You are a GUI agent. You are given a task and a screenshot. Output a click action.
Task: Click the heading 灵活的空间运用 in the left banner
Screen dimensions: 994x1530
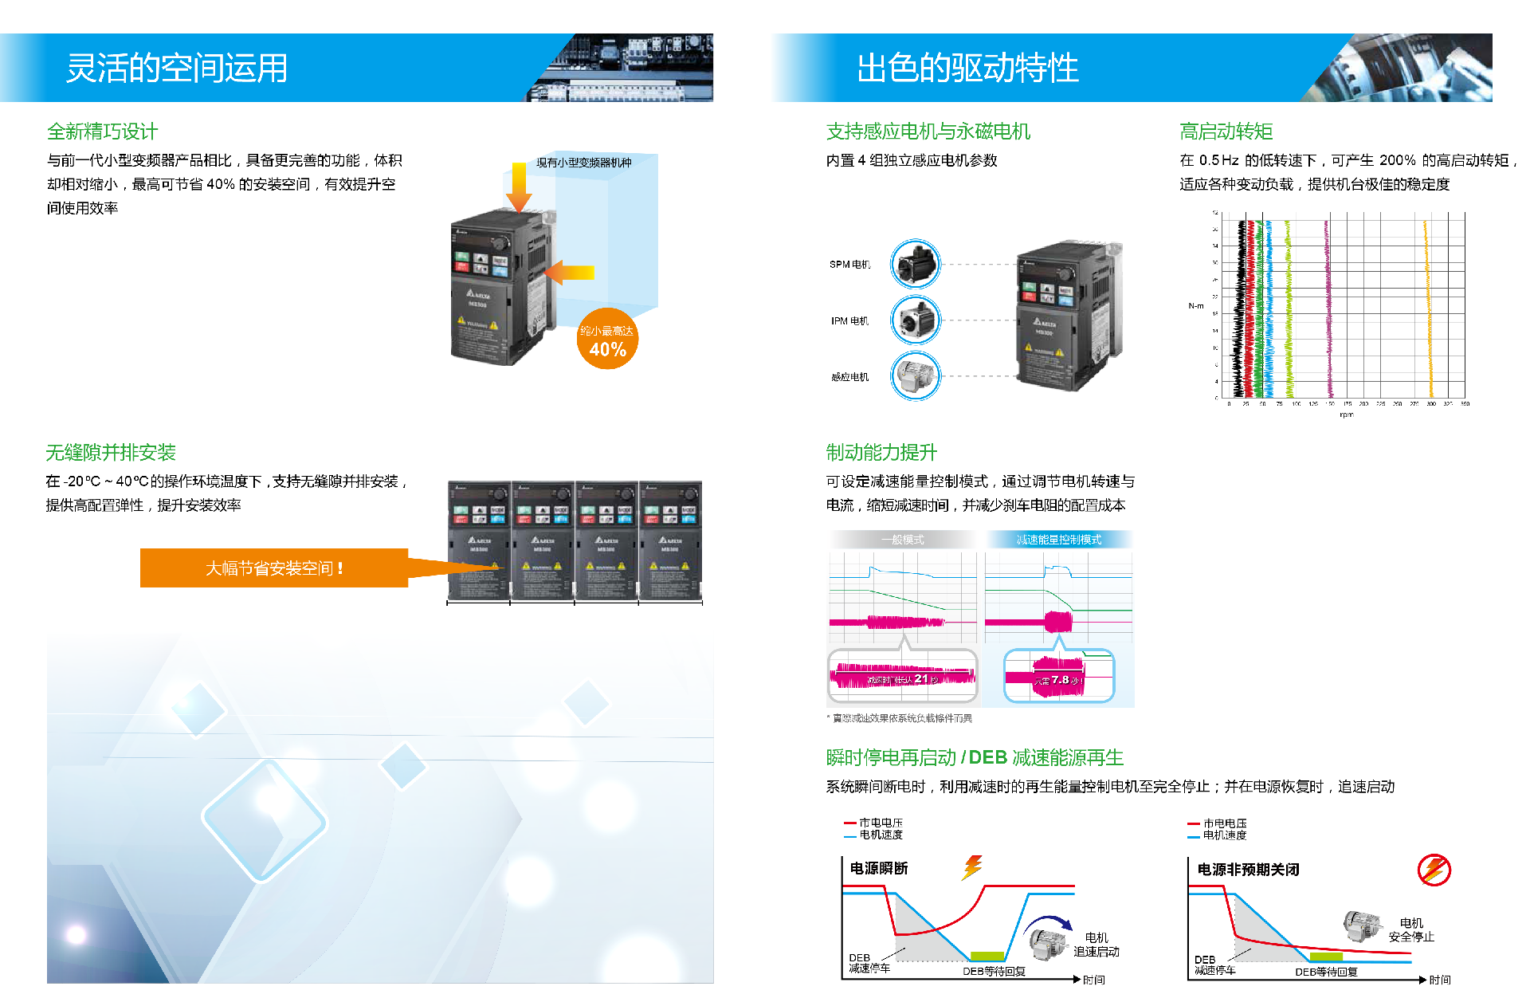176,68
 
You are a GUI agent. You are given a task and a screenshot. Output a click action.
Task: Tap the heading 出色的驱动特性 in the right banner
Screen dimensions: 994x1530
967,68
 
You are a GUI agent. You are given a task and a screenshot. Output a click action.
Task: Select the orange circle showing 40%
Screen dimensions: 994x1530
607,340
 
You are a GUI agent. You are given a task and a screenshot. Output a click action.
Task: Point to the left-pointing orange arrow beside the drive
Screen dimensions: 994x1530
569,272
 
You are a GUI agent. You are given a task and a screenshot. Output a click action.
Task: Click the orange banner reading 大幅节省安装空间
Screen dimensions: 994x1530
274,568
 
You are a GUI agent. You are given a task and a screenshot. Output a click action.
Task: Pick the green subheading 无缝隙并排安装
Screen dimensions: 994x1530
111,453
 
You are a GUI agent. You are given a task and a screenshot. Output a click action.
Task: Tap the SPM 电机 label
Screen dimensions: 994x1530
849,265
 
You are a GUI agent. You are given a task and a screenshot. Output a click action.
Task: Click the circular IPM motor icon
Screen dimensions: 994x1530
916,320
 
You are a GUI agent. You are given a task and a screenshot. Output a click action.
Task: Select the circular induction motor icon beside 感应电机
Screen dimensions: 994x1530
916,375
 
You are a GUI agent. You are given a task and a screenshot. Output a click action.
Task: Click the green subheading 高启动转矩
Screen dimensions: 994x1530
1226,132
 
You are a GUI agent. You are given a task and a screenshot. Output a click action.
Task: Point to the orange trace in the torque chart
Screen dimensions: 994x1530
1428,311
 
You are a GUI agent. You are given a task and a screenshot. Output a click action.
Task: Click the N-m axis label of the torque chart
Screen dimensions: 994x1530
1195,306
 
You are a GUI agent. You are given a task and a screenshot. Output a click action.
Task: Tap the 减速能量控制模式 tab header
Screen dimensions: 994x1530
1058,540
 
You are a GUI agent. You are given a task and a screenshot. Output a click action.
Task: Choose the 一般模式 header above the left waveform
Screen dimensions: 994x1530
902,540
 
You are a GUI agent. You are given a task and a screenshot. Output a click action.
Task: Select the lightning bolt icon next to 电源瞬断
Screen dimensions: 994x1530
972,866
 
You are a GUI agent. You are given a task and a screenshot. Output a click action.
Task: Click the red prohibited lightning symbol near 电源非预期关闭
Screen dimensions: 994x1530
1434,870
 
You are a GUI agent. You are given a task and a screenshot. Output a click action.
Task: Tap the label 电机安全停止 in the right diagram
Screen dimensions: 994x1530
1411,929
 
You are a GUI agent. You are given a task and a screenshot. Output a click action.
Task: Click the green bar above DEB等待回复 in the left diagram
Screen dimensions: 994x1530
987,956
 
